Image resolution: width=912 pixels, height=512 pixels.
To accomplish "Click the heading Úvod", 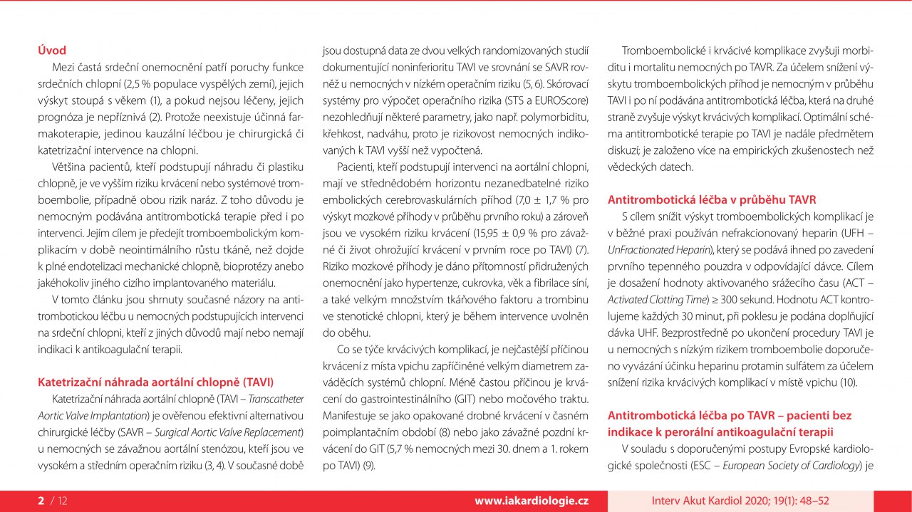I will (52, 51).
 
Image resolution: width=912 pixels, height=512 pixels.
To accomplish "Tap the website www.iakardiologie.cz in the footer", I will (532, 501).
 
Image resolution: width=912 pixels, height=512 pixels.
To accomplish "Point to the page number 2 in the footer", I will (41, 501).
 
